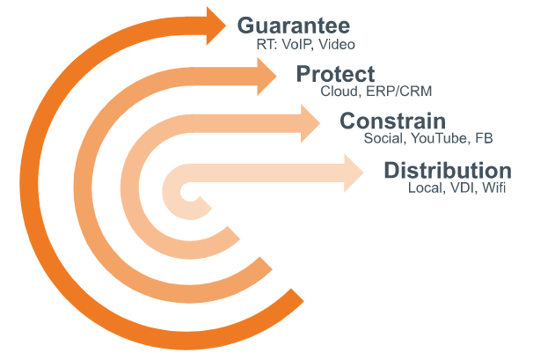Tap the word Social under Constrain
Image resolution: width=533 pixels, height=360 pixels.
[x=383, y=139]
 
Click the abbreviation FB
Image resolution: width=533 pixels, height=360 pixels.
[x=484, y=139]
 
